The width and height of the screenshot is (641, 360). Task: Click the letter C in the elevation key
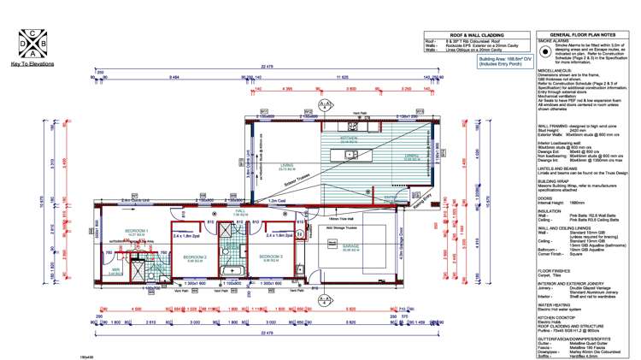(x=32, y=34)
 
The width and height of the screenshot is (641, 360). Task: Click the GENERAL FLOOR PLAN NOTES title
(x=585, y=35)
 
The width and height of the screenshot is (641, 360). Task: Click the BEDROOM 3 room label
(x=272, y=257)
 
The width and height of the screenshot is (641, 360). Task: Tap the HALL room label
(x=241, y=210)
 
